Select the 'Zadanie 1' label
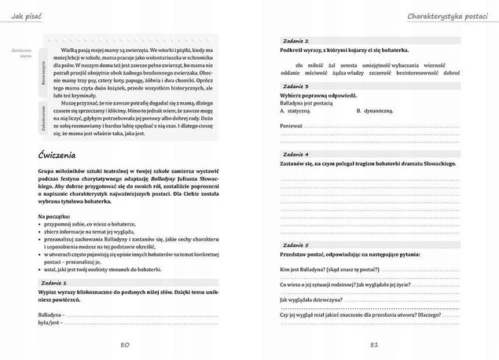click(x=53, y=281)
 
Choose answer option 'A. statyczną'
click(x=295, y=111)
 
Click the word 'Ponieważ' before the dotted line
click(x=291, y=125)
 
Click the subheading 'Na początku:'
click(x=54, y=215)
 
